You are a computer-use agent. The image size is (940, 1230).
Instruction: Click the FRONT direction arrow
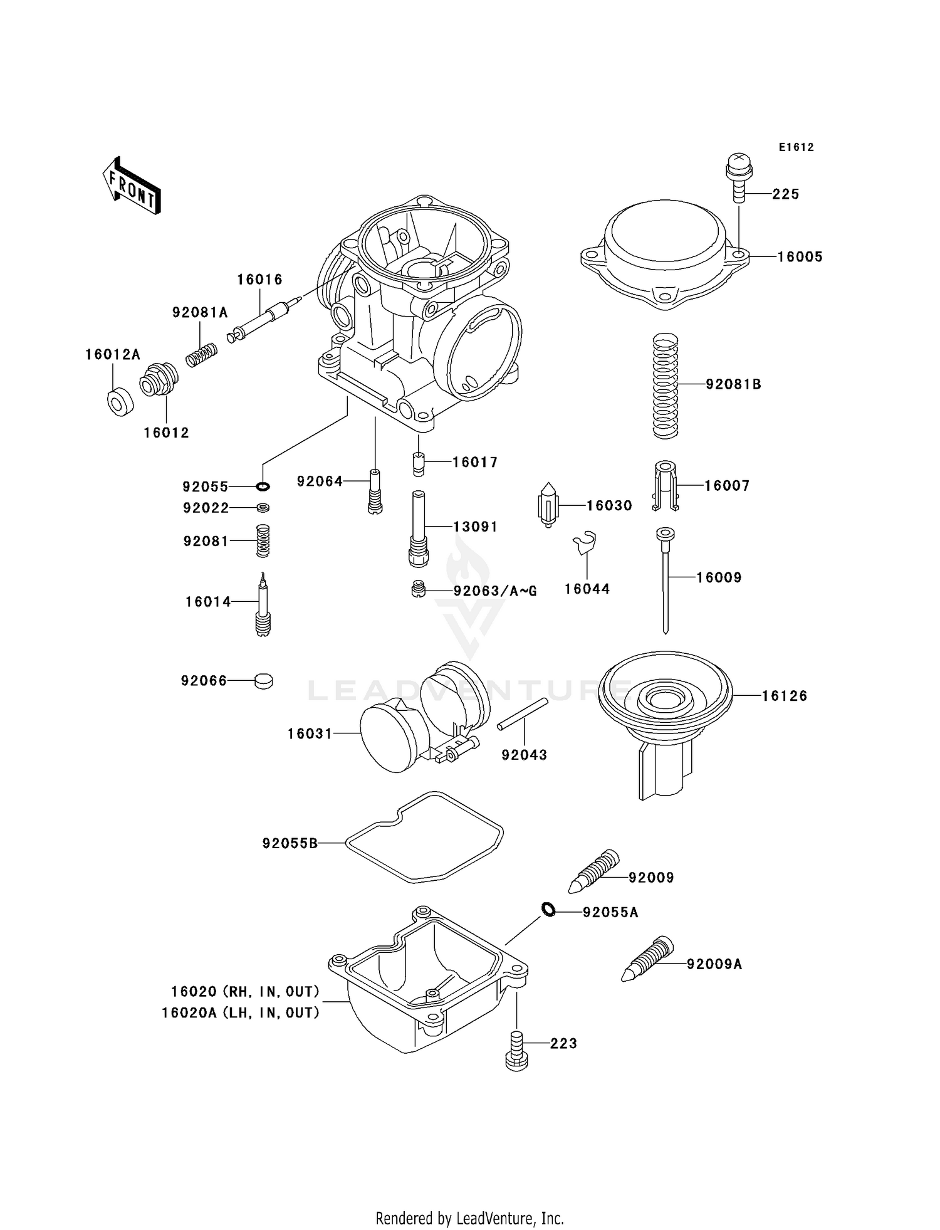tap(132, 187)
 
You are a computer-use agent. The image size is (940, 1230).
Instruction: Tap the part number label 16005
tap(800, 257)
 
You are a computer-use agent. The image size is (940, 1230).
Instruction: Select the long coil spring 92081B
tap(666, 386)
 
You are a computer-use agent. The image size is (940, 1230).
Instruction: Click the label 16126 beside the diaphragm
tap(785, 696)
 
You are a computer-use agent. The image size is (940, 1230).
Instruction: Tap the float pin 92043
tap(523, 714)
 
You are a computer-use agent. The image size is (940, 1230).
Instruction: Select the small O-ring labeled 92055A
tap(548, 909)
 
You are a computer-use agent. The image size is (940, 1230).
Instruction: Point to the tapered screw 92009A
tap(647, 959)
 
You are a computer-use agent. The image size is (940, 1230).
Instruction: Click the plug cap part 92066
tap(264, 681)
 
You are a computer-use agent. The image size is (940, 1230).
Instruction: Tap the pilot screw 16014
tap(263, 605)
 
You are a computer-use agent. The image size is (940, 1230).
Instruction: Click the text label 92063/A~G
tap(495, 591)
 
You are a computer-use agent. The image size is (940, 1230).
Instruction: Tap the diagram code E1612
tap(796, 147)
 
